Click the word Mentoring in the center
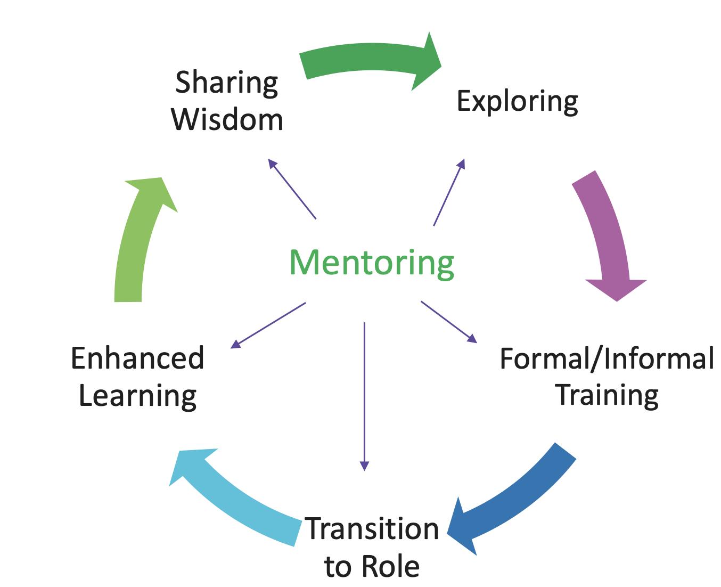pyautogui.click(x=371, y=263)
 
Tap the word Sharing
pyautogui.click(x=226, y=83)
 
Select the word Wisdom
pyautogui.click(x=227, y=120)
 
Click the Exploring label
pyautogui.click(x=517, y=101)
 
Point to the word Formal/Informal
pyautogui.click(x=607, y=358)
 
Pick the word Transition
pyautogui.click(x=372, y=529)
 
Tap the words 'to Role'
pyautogui.click(x=372, y=566)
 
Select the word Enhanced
pyautogui.click(x=137, y=358)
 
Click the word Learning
pyautogui.click(x=137, y=396)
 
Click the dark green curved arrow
pyautogui.click(x=367, y=60)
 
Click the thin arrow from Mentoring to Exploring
pyautogui.click(x=449, y=192)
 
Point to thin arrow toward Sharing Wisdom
pyautogui.click(x=292, y=189)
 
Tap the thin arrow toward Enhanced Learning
pyautogui.click(x=268, y=325)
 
